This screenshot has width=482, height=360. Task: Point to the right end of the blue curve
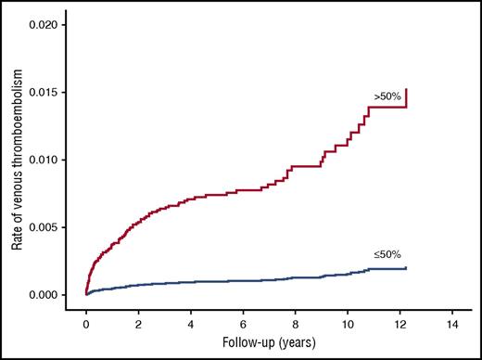406,268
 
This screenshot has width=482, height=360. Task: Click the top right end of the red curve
406,89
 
